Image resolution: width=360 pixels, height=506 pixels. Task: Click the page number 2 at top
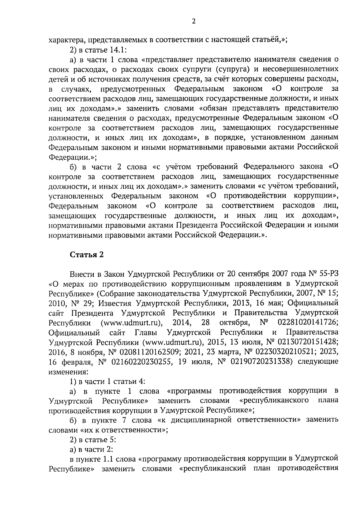coord(193,21)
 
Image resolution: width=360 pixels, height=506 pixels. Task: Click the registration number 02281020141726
coord(308,323)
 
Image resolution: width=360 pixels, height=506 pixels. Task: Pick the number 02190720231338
coord(260,362)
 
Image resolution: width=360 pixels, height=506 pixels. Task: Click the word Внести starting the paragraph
coord(81,274)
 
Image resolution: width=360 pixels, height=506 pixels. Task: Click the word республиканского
coord(274,401)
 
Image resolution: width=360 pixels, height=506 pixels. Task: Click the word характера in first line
coord(62,40)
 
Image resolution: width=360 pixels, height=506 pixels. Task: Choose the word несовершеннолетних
coord(301,69)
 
